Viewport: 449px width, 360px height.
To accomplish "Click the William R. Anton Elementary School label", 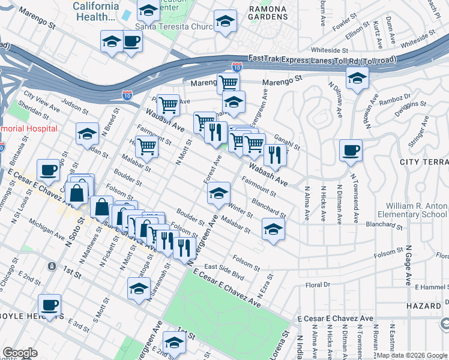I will tap(412, 209).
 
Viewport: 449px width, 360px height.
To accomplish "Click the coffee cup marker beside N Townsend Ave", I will tap(351, 150).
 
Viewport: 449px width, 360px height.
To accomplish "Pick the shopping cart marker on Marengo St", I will tap(228, 83).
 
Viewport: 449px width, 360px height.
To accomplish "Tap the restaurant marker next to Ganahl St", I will tap(275, 154).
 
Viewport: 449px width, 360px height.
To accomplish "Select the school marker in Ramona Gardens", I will tap(225, 21).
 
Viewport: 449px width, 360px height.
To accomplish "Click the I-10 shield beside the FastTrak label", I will tap(237, 68).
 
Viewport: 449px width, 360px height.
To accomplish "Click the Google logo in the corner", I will tap(20, 353).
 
